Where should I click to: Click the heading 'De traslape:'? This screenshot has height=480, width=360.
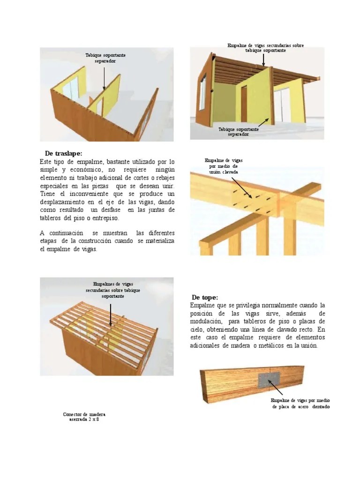coord(63,154)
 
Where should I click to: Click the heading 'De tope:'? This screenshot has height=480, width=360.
coord(205,298)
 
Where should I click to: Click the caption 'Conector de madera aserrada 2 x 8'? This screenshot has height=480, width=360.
coord(84,417)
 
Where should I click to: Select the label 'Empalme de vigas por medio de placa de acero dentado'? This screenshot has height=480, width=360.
coord(300,404)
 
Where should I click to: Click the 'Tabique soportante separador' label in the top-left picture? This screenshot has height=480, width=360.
coord(105,58)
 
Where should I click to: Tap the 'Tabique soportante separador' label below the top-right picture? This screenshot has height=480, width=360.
coord(239,131)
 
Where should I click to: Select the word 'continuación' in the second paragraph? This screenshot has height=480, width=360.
coord(67,233)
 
